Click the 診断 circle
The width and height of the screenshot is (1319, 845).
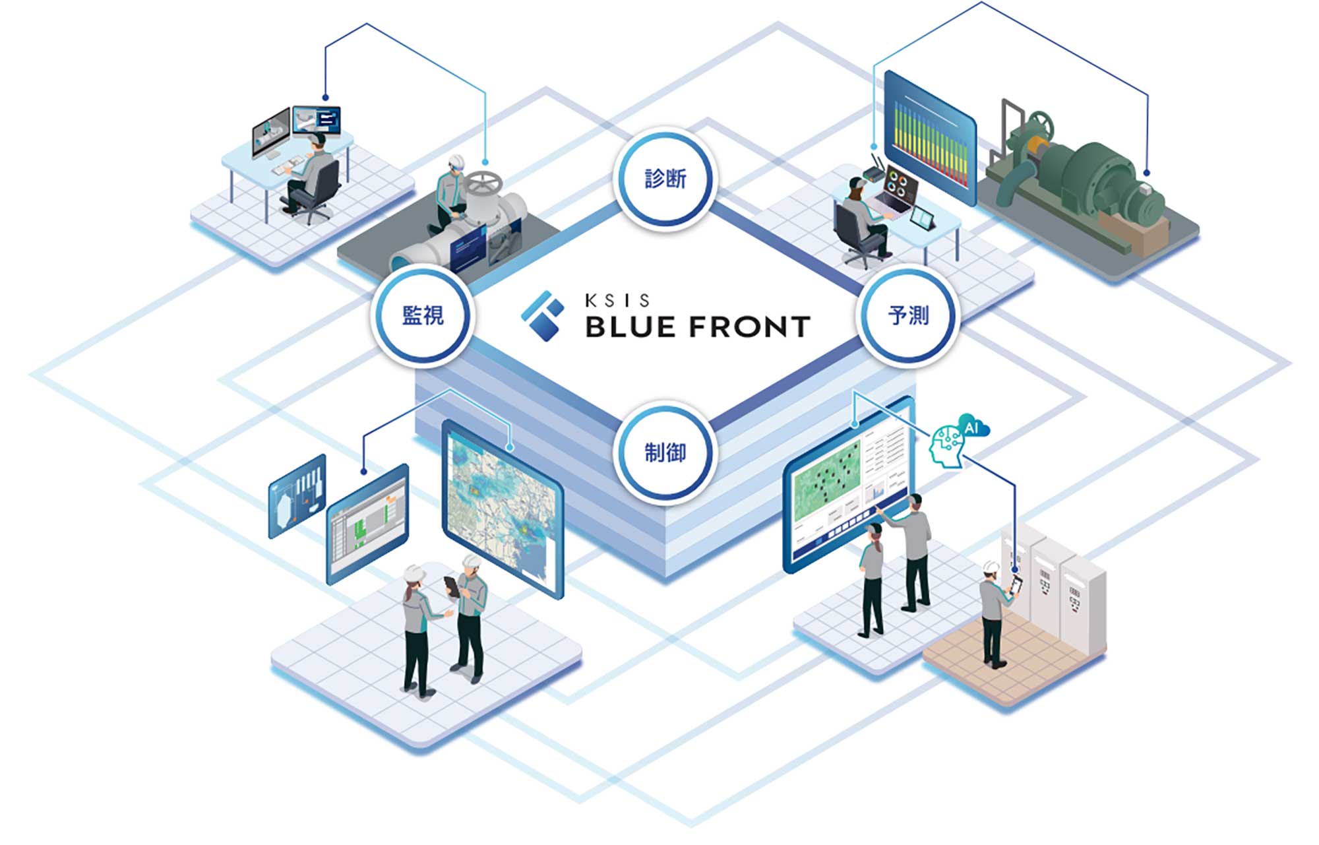(665, 178)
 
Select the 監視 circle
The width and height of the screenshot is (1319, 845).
(423, 315)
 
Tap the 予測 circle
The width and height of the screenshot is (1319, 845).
(907, 315)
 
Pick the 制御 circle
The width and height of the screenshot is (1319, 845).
(665, 453)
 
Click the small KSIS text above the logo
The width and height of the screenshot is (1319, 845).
(617, 301)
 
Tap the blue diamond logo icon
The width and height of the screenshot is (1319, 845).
(543, 316)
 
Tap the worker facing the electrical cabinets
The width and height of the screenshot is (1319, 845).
(993, 613)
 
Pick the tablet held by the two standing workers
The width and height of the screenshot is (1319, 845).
(452, 586)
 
